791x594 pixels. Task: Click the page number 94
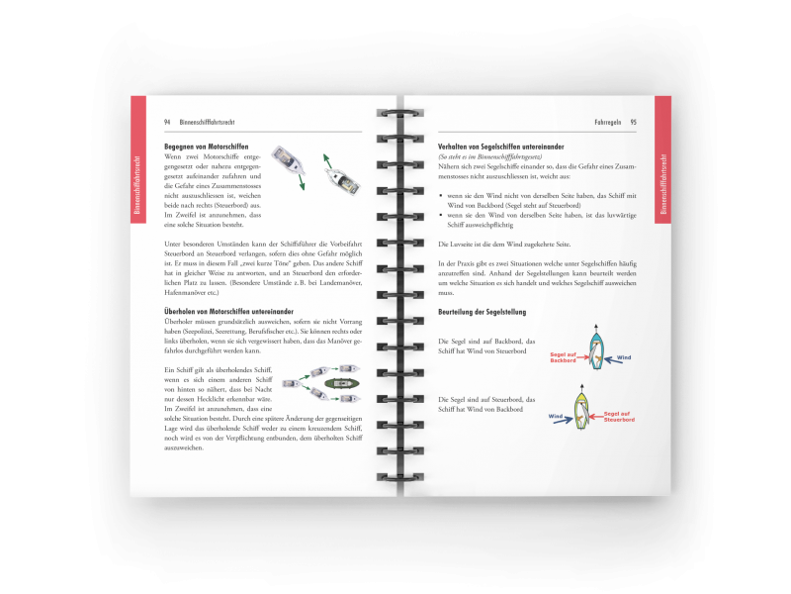(x=167, y=122)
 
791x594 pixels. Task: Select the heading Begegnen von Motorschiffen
(x=207, y=147)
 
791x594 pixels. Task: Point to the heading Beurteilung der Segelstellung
(x=482, y=313)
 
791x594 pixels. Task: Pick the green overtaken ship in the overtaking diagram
(x=345, y=380)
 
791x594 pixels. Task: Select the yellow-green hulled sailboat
(x=584, y=409)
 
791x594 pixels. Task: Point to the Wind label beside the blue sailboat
(x=624, y=356)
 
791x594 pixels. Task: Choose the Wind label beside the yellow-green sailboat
(x=557, y=417)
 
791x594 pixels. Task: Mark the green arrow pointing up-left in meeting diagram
(x=326, y=157)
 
